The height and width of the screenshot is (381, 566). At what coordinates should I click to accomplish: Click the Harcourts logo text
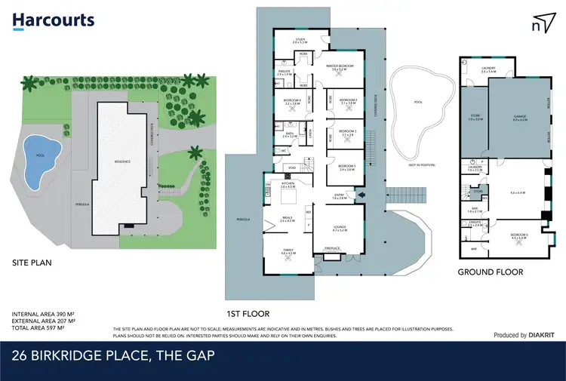(53, 20)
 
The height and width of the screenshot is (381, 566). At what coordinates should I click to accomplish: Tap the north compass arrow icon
(540, 23)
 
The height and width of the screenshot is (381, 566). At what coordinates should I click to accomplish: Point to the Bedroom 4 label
(292, 103)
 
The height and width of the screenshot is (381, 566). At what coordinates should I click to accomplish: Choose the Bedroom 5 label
(346, 167)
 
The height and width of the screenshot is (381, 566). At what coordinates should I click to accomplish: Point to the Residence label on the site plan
(122, 161)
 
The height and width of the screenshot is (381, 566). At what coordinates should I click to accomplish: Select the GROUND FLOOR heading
(491, 272)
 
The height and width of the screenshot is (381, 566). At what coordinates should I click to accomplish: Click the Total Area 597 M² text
(44, 327)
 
